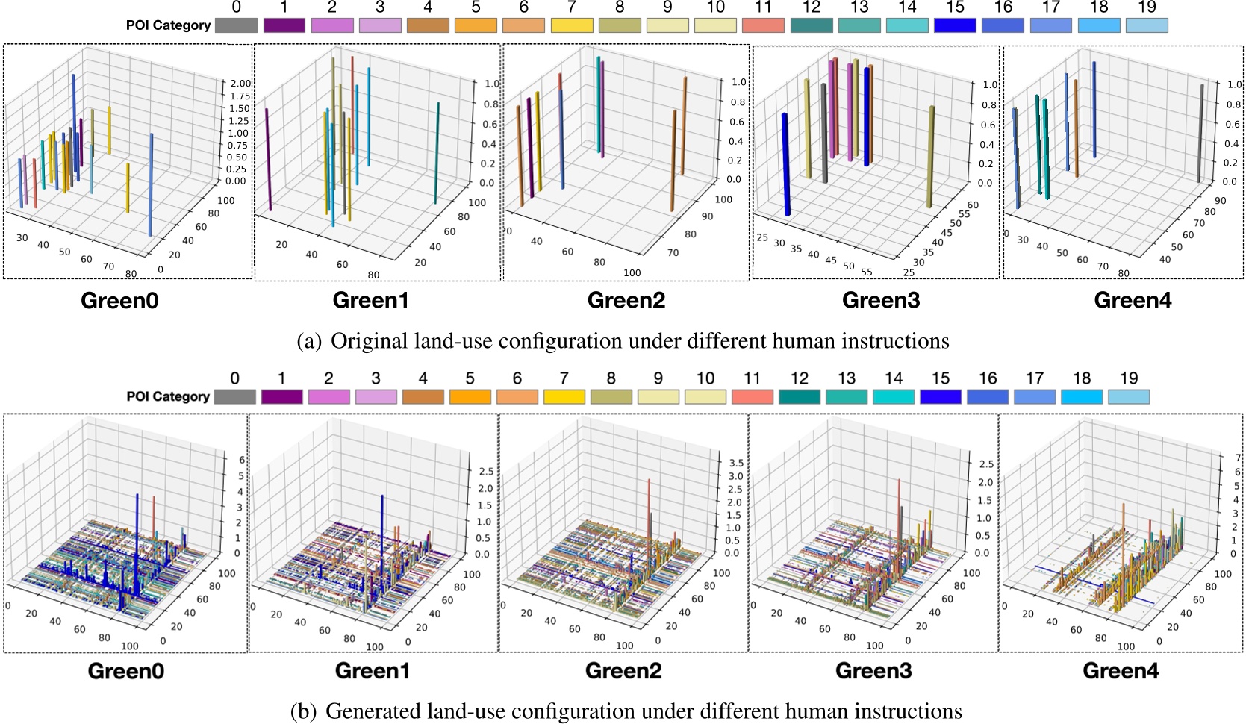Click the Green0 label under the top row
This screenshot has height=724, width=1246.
click(x=119, y=301)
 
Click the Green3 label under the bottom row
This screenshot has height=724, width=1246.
click(x=873, y=670)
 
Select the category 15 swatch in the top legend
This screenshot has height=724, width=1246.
click(x=954, y=25)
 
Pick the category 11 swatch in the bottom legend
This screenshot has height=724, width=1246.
click(x=752, y=396)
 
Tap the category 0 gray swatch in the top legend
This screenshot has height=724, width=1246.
click(x=236, y=25)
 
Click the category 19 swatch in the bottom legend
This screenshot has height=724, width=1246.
click(x=1128, y=396)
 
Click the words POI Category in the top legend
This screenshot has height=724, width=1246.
click(x=168, y=25)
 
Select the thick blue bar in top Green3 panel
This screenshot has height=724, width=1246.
click(x=785, y=164)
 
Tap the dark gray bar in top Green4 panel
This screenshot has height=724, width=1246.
click(x=1200, y=134)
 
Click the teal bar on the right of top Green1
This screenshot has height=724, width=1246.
click(x=437, y=153)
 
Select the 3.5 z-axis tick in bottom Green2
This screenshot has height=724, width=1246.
click(x=735, y=463)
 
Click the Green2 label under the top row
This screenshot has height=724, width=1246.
click(x=625, y=301)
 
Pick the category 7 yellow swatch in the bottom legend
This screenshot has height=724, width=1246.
click(x=564, y=396)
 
